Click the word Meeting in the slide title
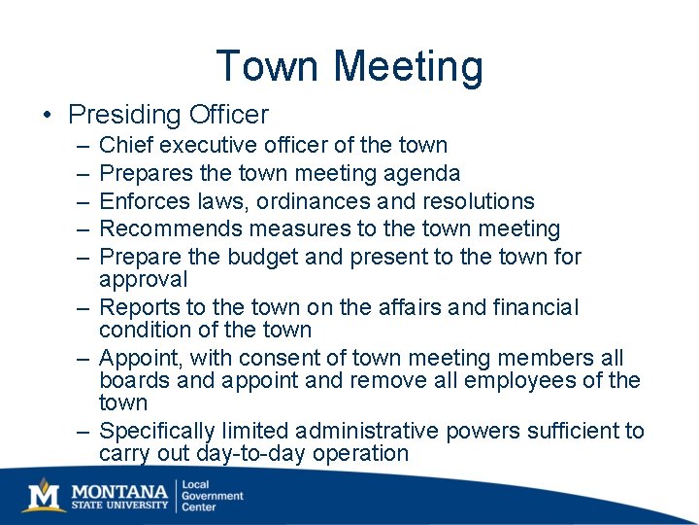[x=407, y=67]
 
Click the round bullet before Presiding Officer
[x=47, y=116]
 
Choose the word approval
[x=144, y=280]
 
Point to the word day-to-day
[x=250, y=454]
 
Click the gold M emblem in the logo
[x=42, y=495]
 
